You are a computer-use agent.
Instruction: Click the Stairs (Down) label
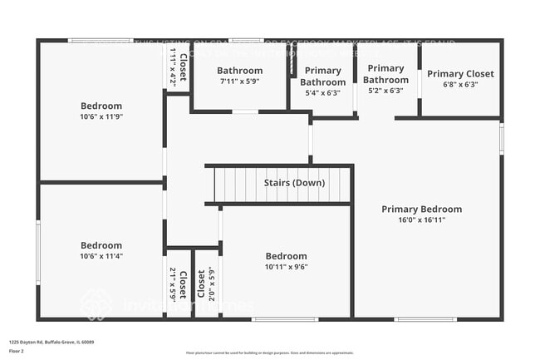pos(294,183)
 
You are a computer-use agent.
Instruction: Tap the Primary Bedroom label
pos(421,210)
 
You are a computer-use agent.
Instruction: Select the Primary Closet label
pos(460,74)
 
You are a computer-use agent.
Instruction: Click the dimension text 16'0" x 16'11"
pos(421,220)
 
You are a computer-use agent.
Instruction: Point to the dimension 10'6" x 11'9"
pos(101,117)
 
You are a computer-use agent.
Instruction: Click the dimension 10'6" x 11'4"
pos(101,257)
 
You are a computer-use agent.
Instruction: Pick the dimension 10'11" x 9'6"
pos(286,268)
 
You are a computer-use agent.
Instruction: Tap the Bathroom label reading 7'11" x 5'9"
pos(240,71)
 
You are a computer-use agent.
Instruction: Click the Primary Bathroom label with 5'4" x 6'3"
pos(322,76)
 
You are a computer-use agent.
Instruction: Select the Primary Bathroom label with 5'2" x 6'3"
pos(385,74)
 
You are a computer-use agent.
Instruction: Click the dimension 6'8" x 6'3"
pos(460,85)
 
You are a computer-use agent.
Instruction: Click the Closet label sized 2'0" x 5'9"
pos(202,284)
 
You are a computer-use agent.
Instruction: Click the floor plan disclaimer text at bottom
pos(269,353)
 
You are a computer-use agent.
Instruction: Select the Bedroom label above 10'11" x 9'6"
pos(286,256)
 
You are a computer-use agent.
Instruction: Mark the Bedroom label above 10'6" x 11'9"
pos(101,106)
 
